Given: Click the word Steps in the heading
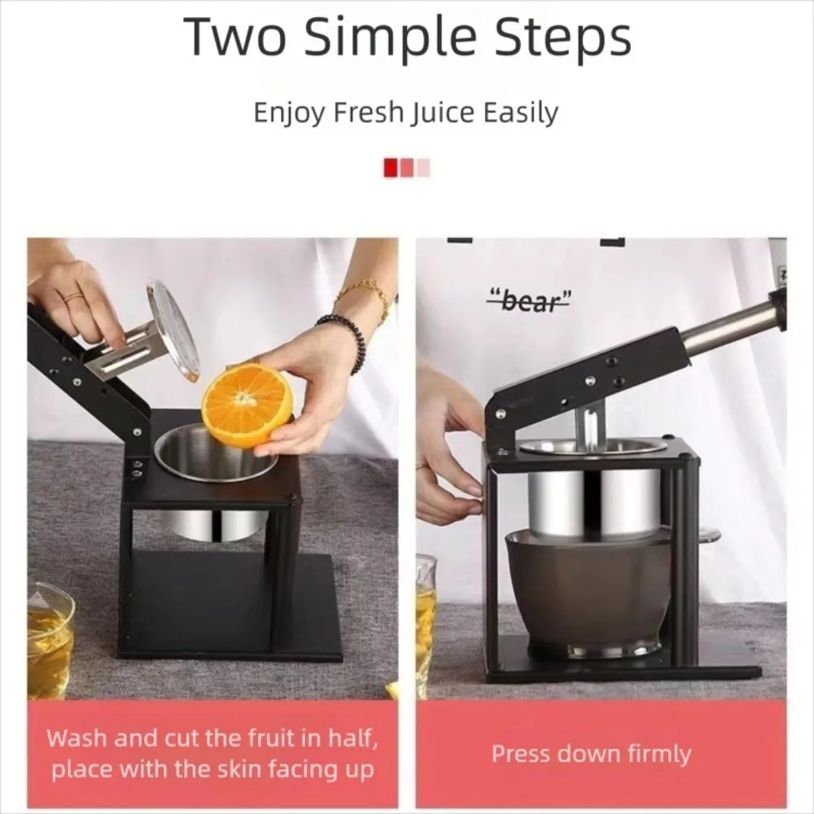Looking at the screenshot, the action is [x=562, y=38].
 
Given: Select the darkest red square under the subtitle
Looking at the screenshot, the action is [x=391, y=168].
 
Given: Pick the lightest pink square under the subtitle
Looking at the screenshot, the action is [x=423, y=168].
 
